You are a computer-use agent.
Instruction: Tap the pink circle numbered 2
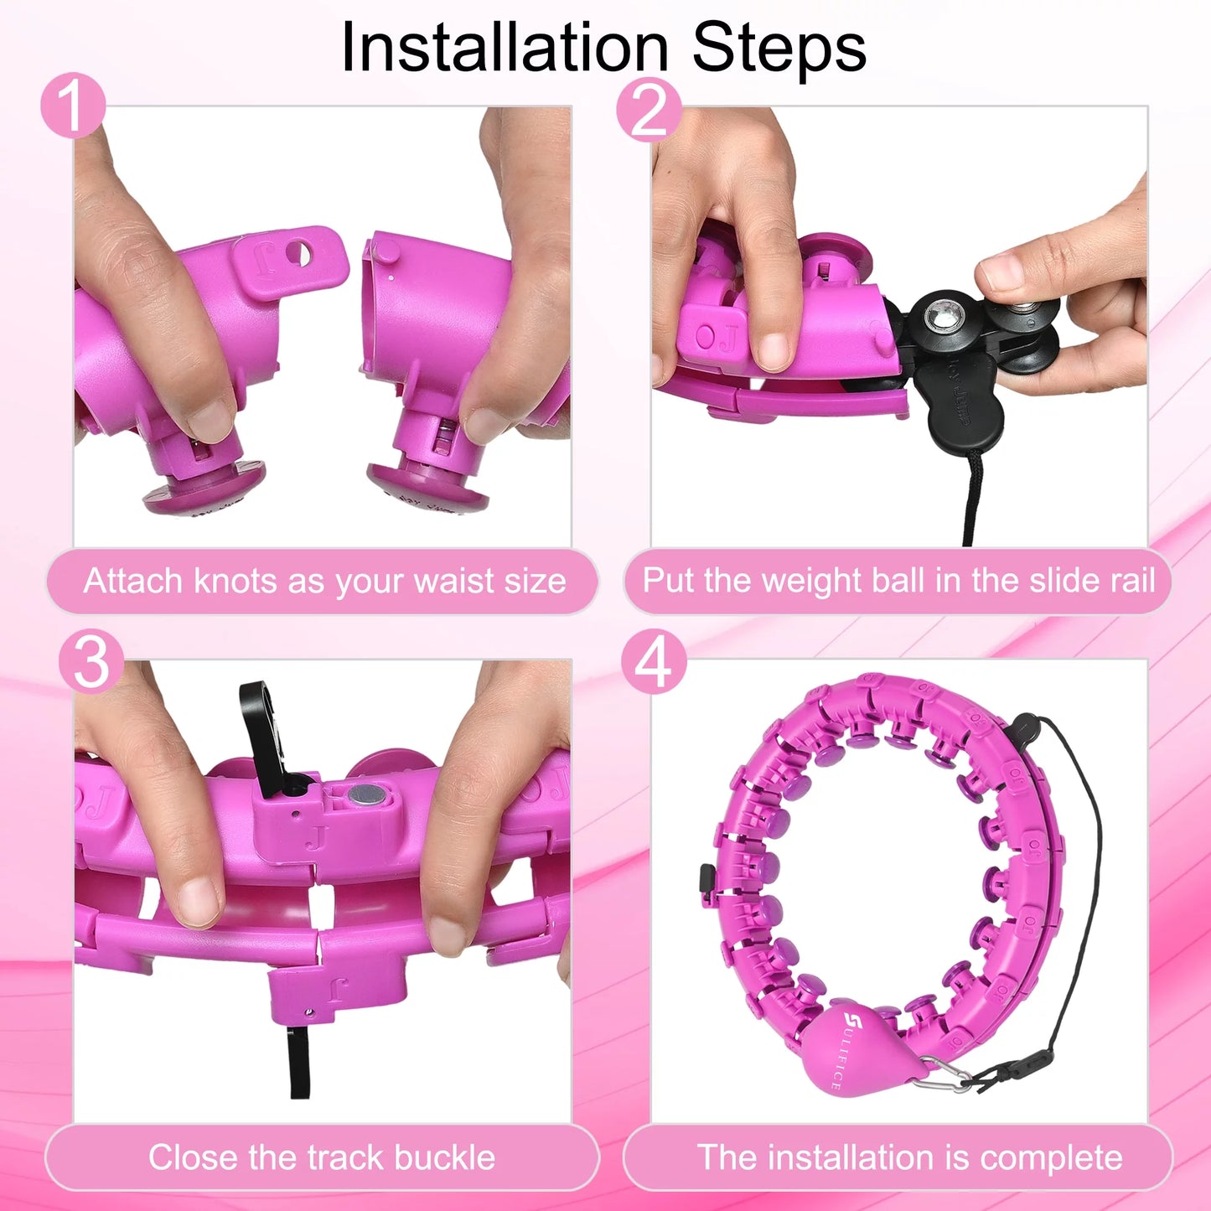(649, 109)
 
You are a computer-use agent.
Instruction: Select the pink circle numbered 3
(91, 662)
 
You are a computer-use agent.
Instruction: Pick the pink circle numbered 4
(655, 662)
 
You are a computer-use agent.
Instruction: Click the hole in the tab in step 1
(298, 253)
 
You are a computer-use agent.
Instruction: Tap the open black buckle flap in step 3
(261, 732)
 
